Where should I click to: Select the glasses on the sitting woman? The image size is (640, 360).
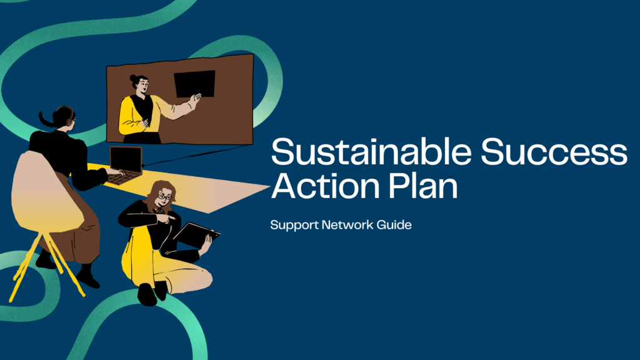point(164,196)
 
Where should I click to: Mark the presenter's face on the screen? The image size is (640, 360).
point(141,86)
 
